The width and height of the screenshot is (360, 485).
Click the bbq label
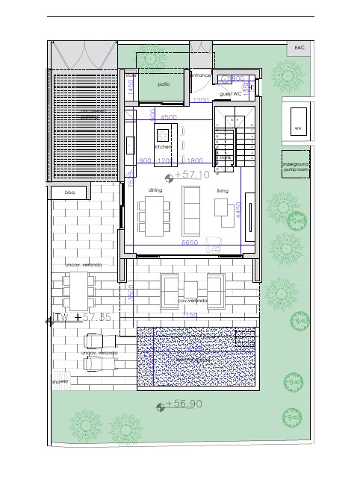click(x=71, y=193)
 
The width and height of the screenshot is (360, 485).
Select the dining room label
click(x=155, y=190)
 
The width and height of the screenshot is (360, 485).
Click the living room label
click(x=223, y=190)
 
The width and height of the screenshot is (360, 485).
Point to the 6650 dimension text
click(x=191, y=243)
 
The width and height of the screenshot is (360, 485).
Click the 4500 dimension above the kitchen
click(x=169, y=117)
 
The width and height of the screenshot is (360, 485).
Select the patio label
click(x=164, y=84)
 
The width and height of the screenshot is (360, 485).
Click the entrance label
click(x=200, y=75)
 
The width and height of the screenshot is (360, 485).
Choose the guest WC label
click(x=230, y=94)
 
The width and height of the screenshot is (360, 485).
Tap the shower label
click(x=60, y=382)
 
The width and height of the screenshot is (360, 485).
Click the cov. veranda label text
click(x=192, y=300)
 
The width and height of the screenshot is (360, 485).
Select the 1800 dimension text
click(x=196, y=160)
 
